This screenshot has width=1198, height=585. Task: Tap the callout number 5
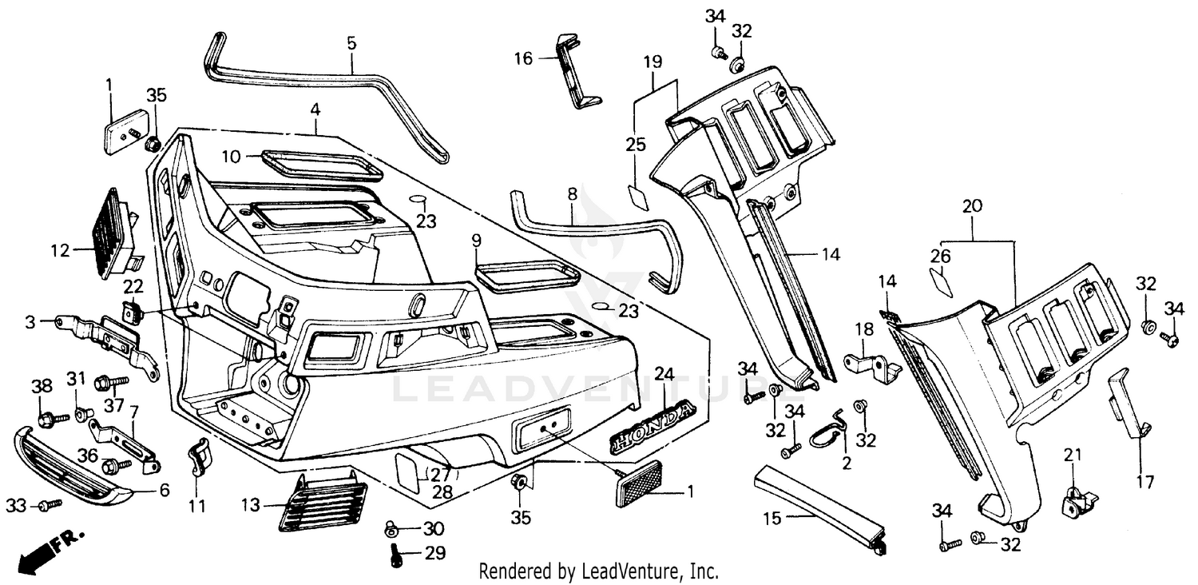point(351,42)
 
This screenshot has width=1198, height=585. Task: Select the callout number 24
point(664,373)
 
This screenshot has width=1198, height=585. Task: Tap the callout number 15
point(772,517)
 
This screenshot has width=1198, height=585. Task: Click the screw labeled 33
point(50,504)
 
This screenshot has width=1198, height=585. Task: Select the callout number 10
point(231,157)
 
